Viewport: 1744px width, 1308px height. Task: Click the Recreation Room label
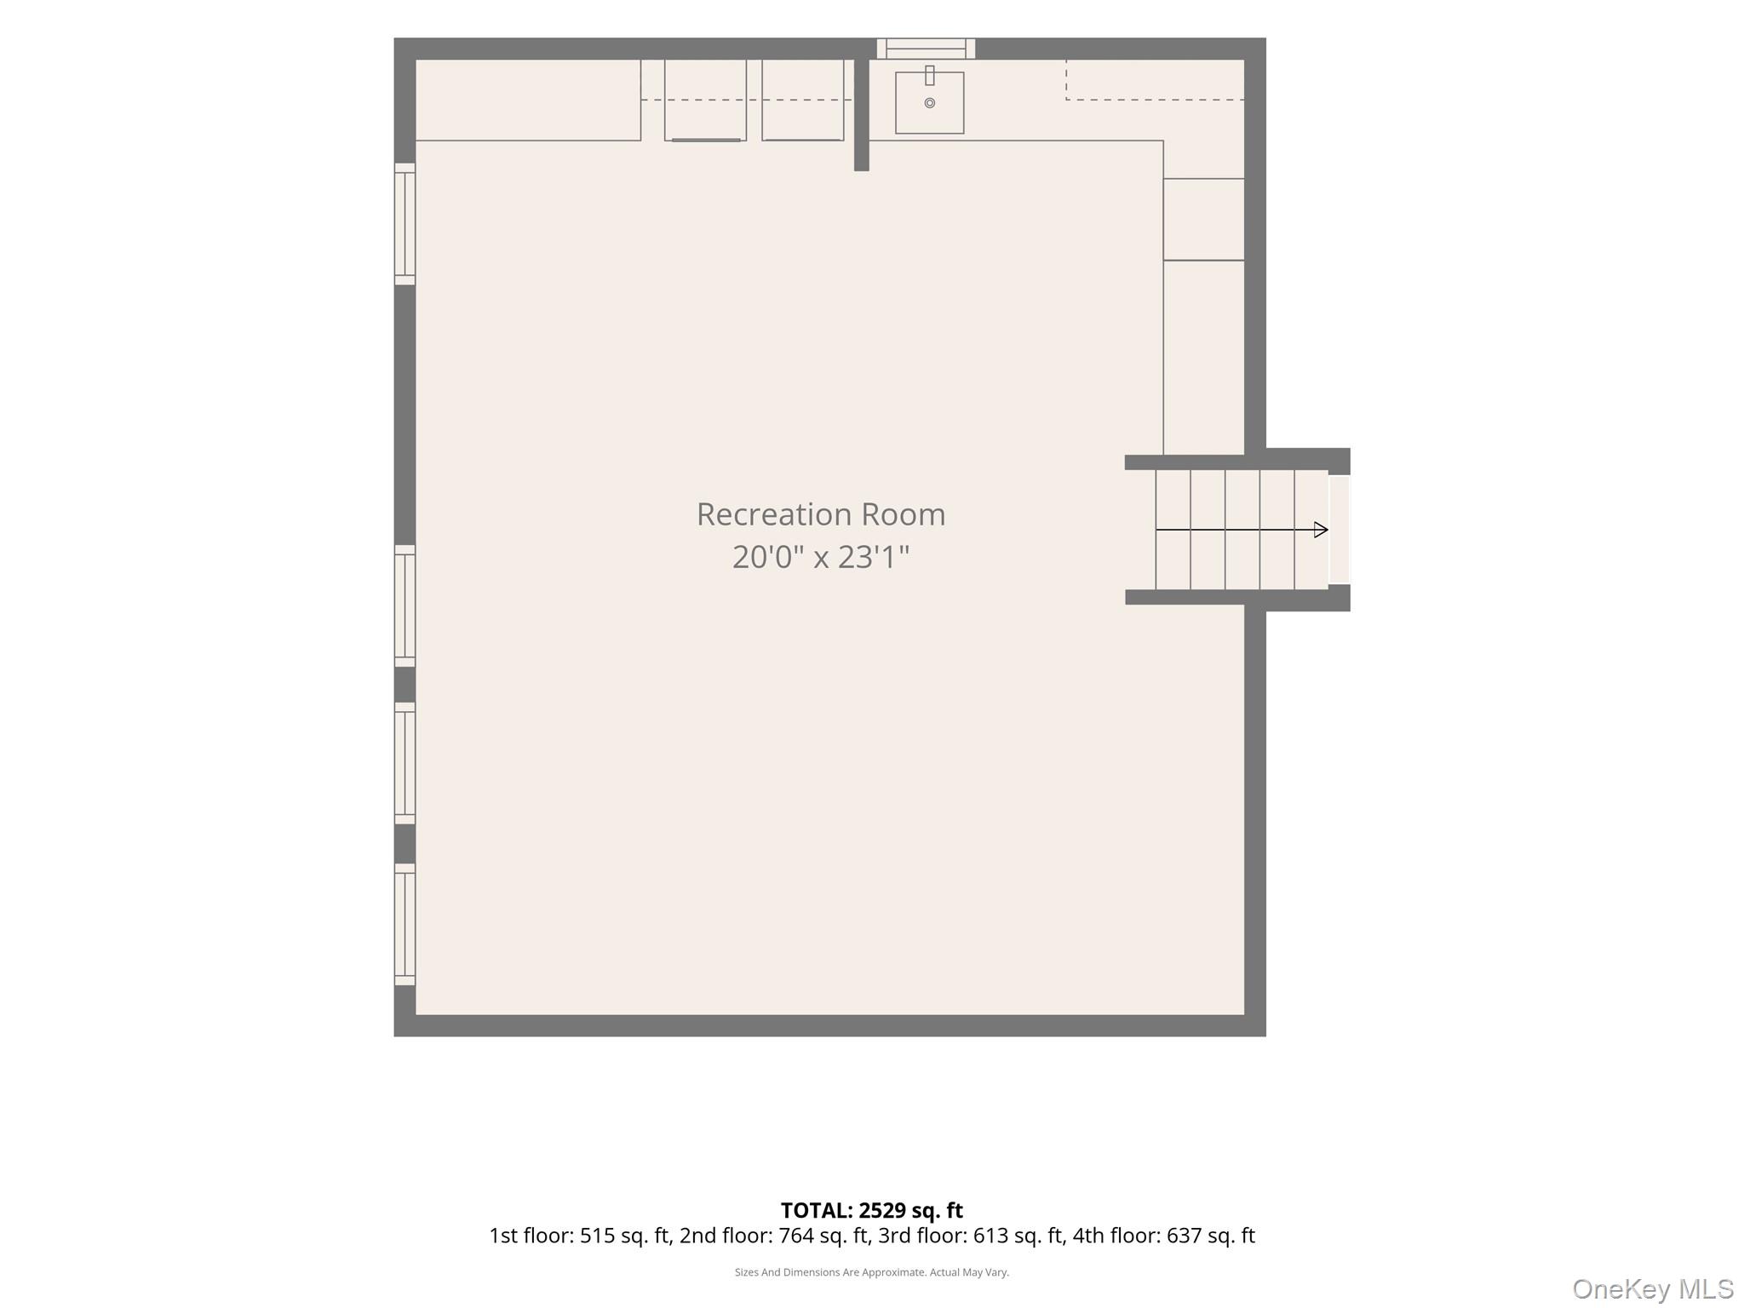(x=821, y=514)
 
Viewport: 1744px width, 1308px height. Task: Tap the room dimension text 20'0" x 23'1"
(x=821, y=557)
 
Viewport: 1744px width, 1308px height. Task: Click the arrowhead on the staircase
(x=1321, y=530)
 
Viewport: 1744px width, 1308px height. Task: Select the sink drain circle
(x=930, y=103)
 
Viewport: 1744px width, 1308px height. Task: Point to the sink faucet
(x=930, y=76)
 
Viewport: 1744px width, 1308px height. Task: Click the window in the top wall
(x=926, y=49)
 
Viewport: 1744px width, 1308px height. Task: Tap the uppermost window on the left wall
(x=404, y=224)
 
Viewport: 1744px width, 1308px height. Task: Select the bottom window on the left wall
(x=404, y=925)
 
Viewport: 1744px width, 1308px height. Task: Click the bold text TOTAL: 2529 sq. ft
(x=872, y=1210)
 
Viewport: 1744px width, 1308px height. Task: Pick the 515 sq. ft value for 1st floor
(x=625, y=1236)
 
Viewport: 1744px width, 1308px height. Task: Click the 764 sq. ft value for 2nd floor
(x=824, y=1236)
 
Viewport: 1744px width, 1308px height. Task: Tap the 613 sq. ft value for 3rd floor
(x=1019, y=1236)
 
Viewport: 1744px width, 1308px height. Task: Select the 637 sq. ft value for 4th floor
(x=1211, y=1236)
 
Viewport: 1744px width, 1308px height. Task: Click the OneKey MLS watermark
(x=1653, y=1288)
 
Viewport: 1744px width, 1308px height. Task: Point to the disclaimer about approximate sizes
(x=872, y=1272)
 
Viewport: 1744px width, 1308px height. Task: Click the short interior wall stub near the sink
(x=862, y=114)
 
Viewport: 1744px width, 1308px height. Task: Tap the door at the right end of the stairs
(x=1340, y=530)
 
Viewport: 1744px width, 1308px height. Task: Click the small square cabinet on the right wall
(x=1204, y=219)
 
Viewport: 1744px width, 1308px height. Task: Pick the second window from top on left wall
(x=404, y=605)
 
